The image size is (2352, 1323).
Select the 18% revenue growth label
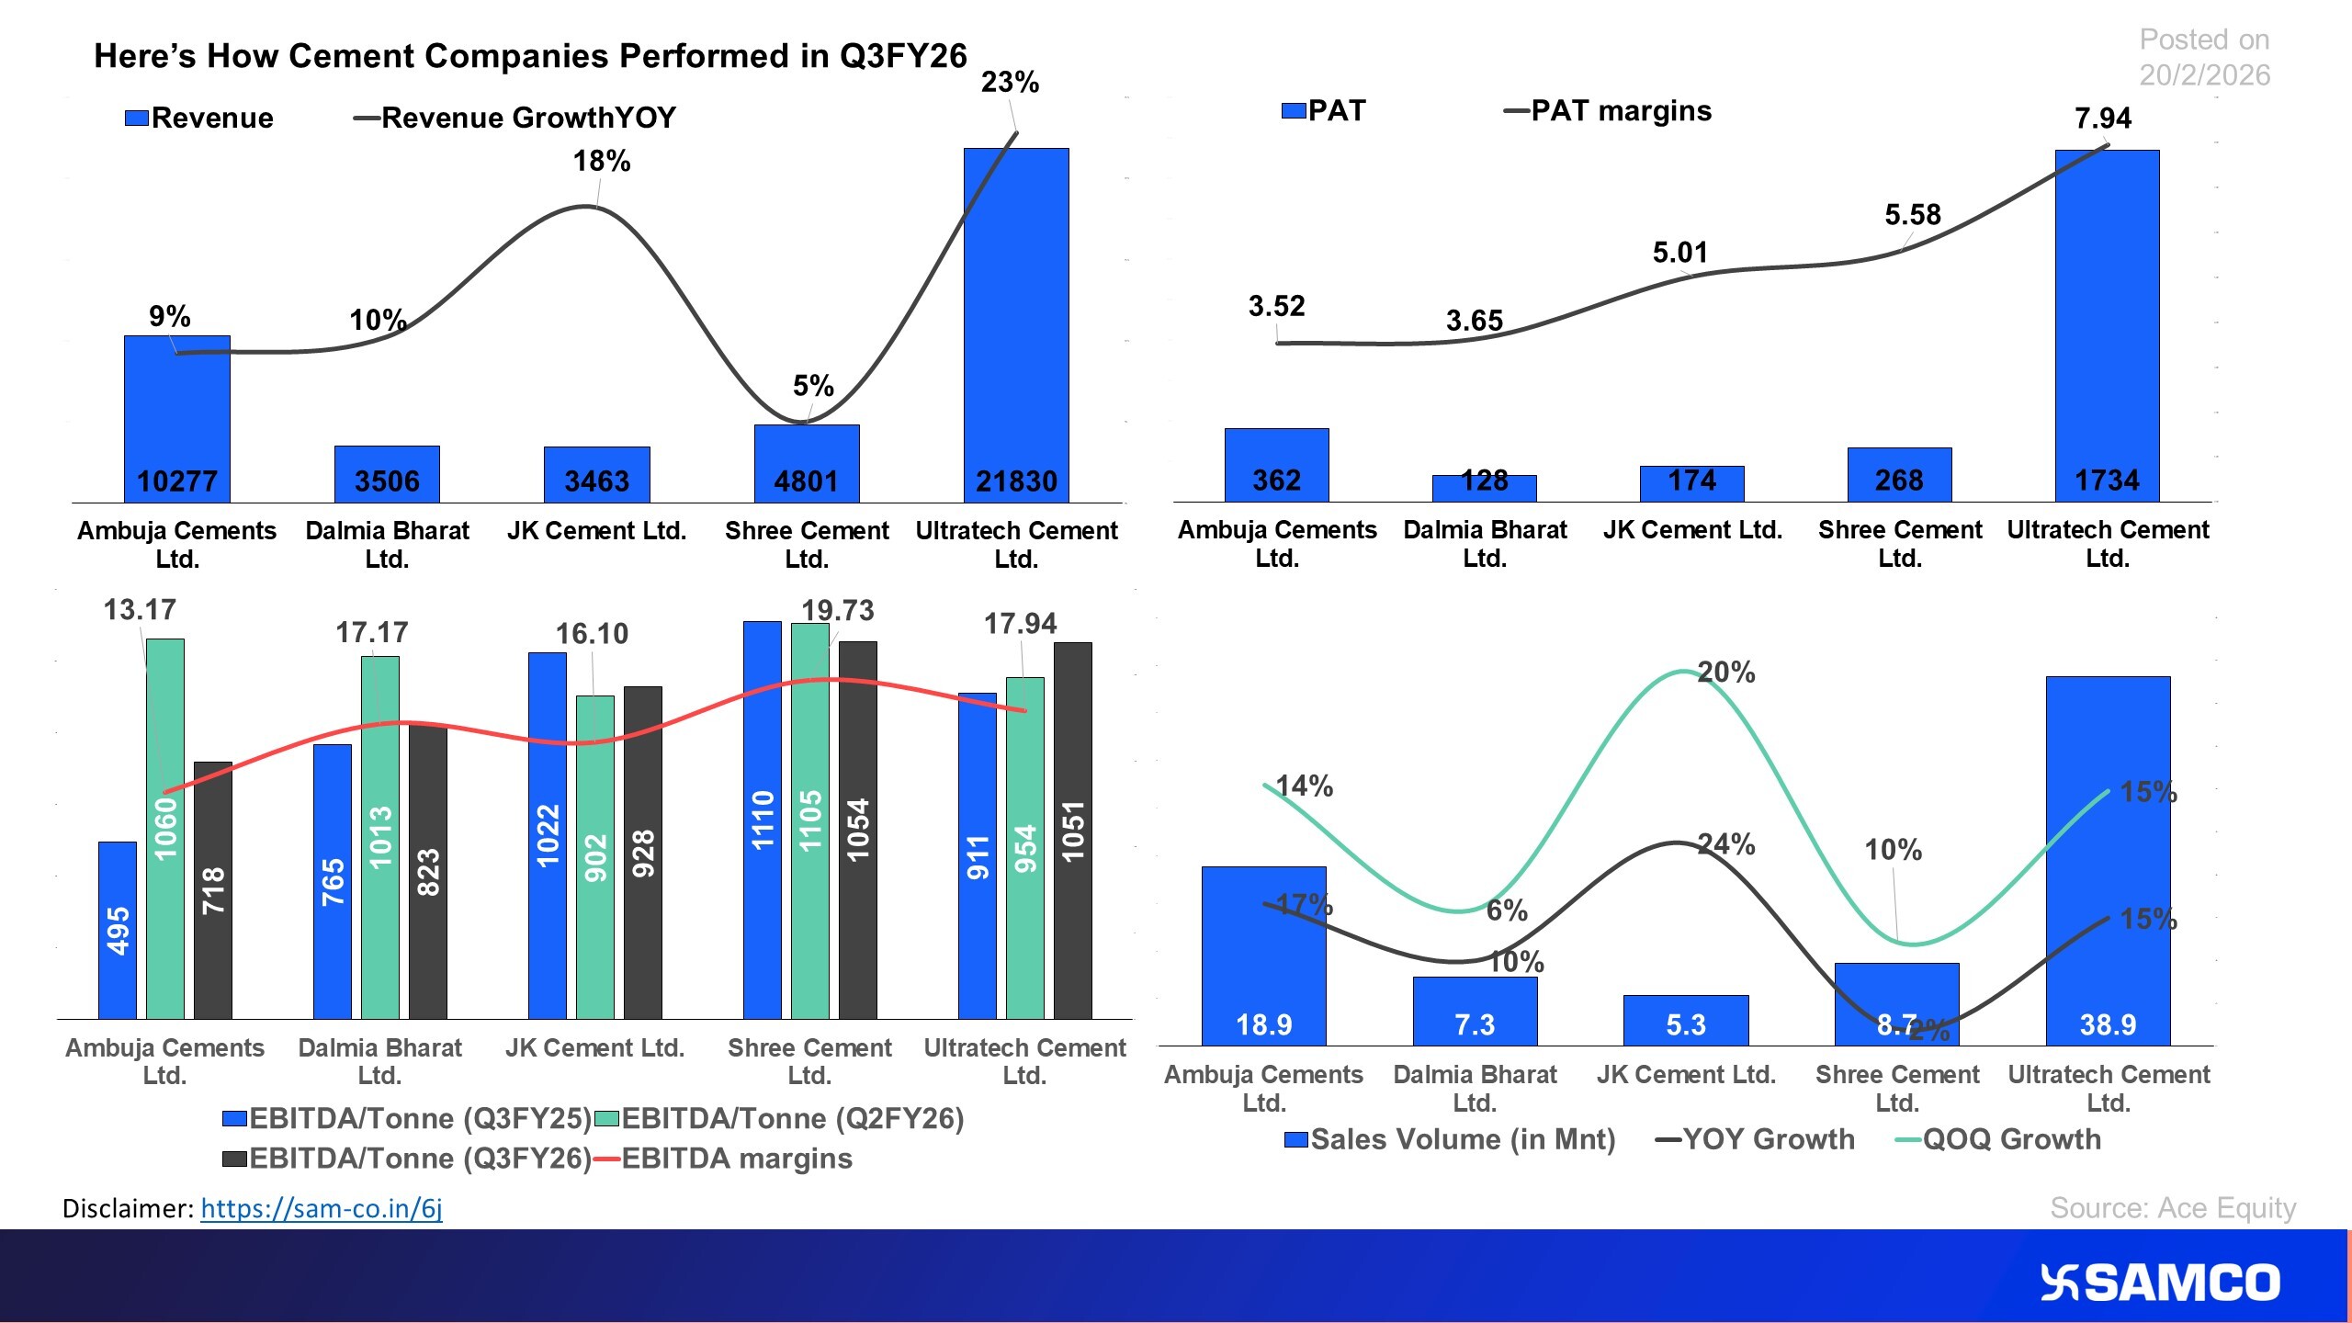coord(602,162)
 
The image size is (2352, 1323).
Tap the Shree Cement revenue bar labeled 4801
coord(807,463)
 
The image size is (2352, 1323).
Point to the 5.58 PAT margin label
coord(1913,215)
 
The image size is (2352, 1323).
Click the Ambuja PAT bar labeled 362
coord(1276,465)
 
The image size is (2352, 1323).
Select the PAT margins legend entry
coord(1608,111)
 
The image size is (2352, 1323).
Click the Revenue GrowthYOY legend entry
coord(515,118)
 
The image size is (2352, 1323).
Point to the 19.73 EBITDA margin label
coord(837,610)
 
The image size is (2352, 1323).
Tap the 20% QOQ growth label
coord(1725,673)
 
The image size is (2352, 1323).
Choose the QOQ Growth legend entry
coord(1999,1139)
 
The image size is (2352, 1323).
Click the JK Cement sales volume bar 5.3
coord(1685,1020)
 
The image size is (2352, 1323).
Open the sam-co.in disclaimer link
coord(322,1208)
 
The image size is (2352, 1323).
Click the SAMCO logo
coord(2160,1283)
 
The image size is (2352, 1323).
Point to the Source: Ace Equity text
coord(2172,1207)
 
